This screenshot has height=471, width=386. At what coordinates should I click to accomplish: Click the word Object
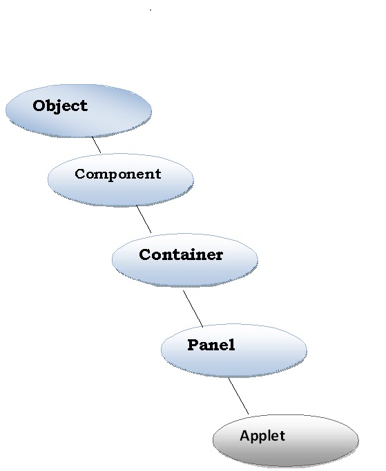[60, 106]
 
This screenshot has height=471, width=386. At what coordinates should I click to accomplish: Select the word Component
[117, 174]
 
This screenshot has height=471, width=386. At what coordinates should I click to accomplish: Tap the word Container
[181, 254]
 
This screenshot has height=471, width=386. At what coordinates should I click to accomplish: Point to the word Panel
[211, 345]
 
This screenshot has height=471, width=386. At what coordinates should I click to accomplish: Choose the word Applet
[262, 436]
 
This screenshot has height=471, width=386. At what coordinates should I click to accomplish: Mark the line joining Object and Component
[97, 145]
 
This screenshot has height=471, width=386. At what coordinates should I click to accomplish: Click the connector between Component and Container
[144, 219]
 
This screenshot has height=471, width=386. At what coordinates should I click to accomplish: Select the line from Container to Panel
[193, 308]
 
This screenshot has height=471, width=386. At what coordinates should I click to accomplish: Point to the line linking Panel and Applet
[238, 395]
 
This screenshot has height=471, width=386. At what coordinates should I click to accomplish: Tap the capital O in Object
[39, 106]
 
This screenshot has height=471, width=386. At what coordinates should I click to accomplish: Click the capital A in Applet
[244, 436]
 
